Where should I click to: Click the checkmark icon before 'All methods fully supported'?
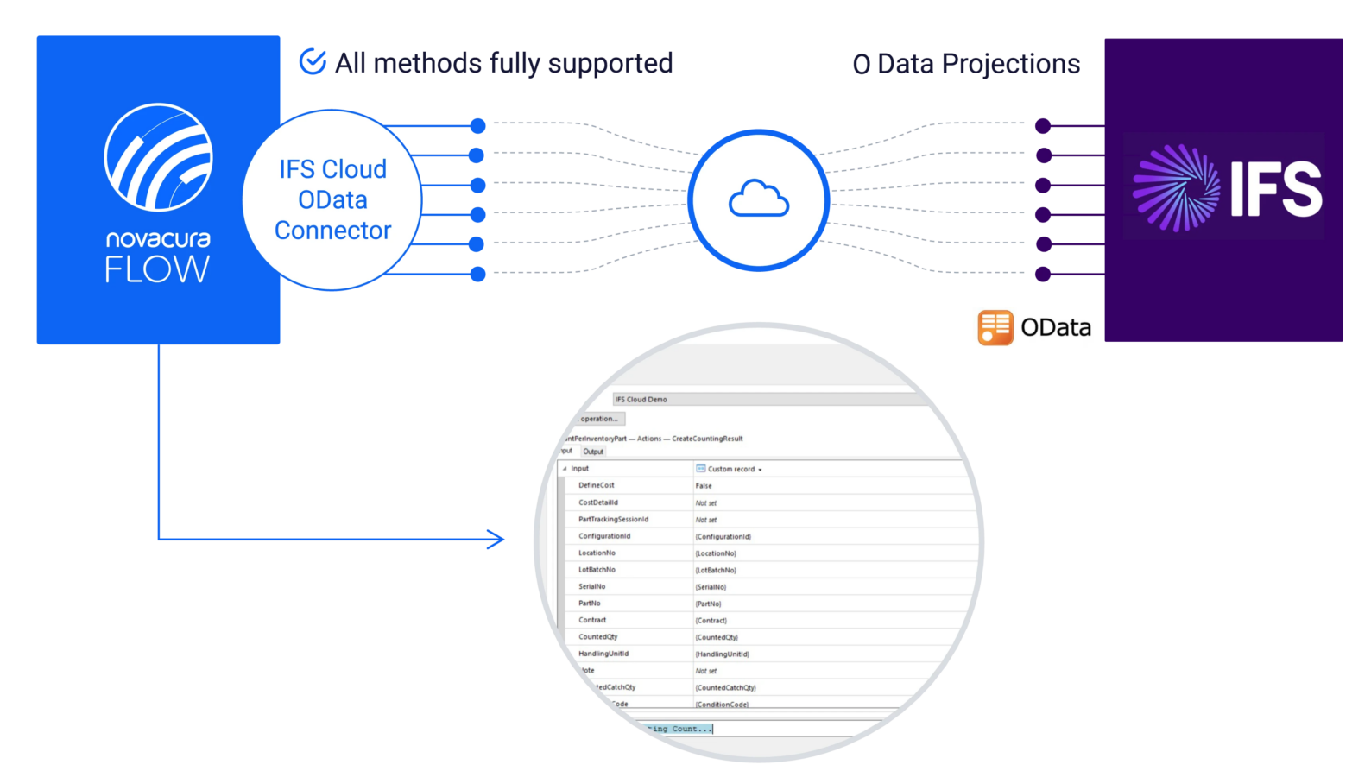tap(312, 61)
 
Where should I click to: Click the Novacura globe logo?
tap(158, 157)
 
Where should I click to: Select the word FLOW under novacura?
tap(157, 270)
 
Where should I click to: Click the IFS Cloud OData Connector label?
tap(332, 199)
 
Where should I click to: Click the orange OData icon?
tap(995, 327)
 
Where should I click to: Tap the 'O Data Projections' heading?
tap(966, 64)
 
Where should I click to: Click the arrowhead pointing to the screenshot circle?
tap(498, 540)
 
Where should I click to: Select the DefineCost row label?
tap(597, 485)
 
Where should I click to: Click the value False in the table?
tap(704, 486)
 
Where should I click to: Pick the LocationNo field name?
tap(597, 553)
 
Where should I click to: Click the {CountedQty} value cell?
tap(717, 637)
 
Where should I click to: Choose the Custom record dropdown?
tap(730, 469)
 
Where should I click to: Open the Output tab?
tap(593, 452)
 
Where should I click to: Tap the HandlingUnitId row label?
tap(603, 654)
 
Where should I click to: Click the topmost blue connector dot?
tap(477, 126)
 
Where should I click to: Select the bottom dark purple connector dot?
tap(1043, 275)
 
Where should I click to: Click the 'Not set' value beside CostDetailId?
tap(706, 503)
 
